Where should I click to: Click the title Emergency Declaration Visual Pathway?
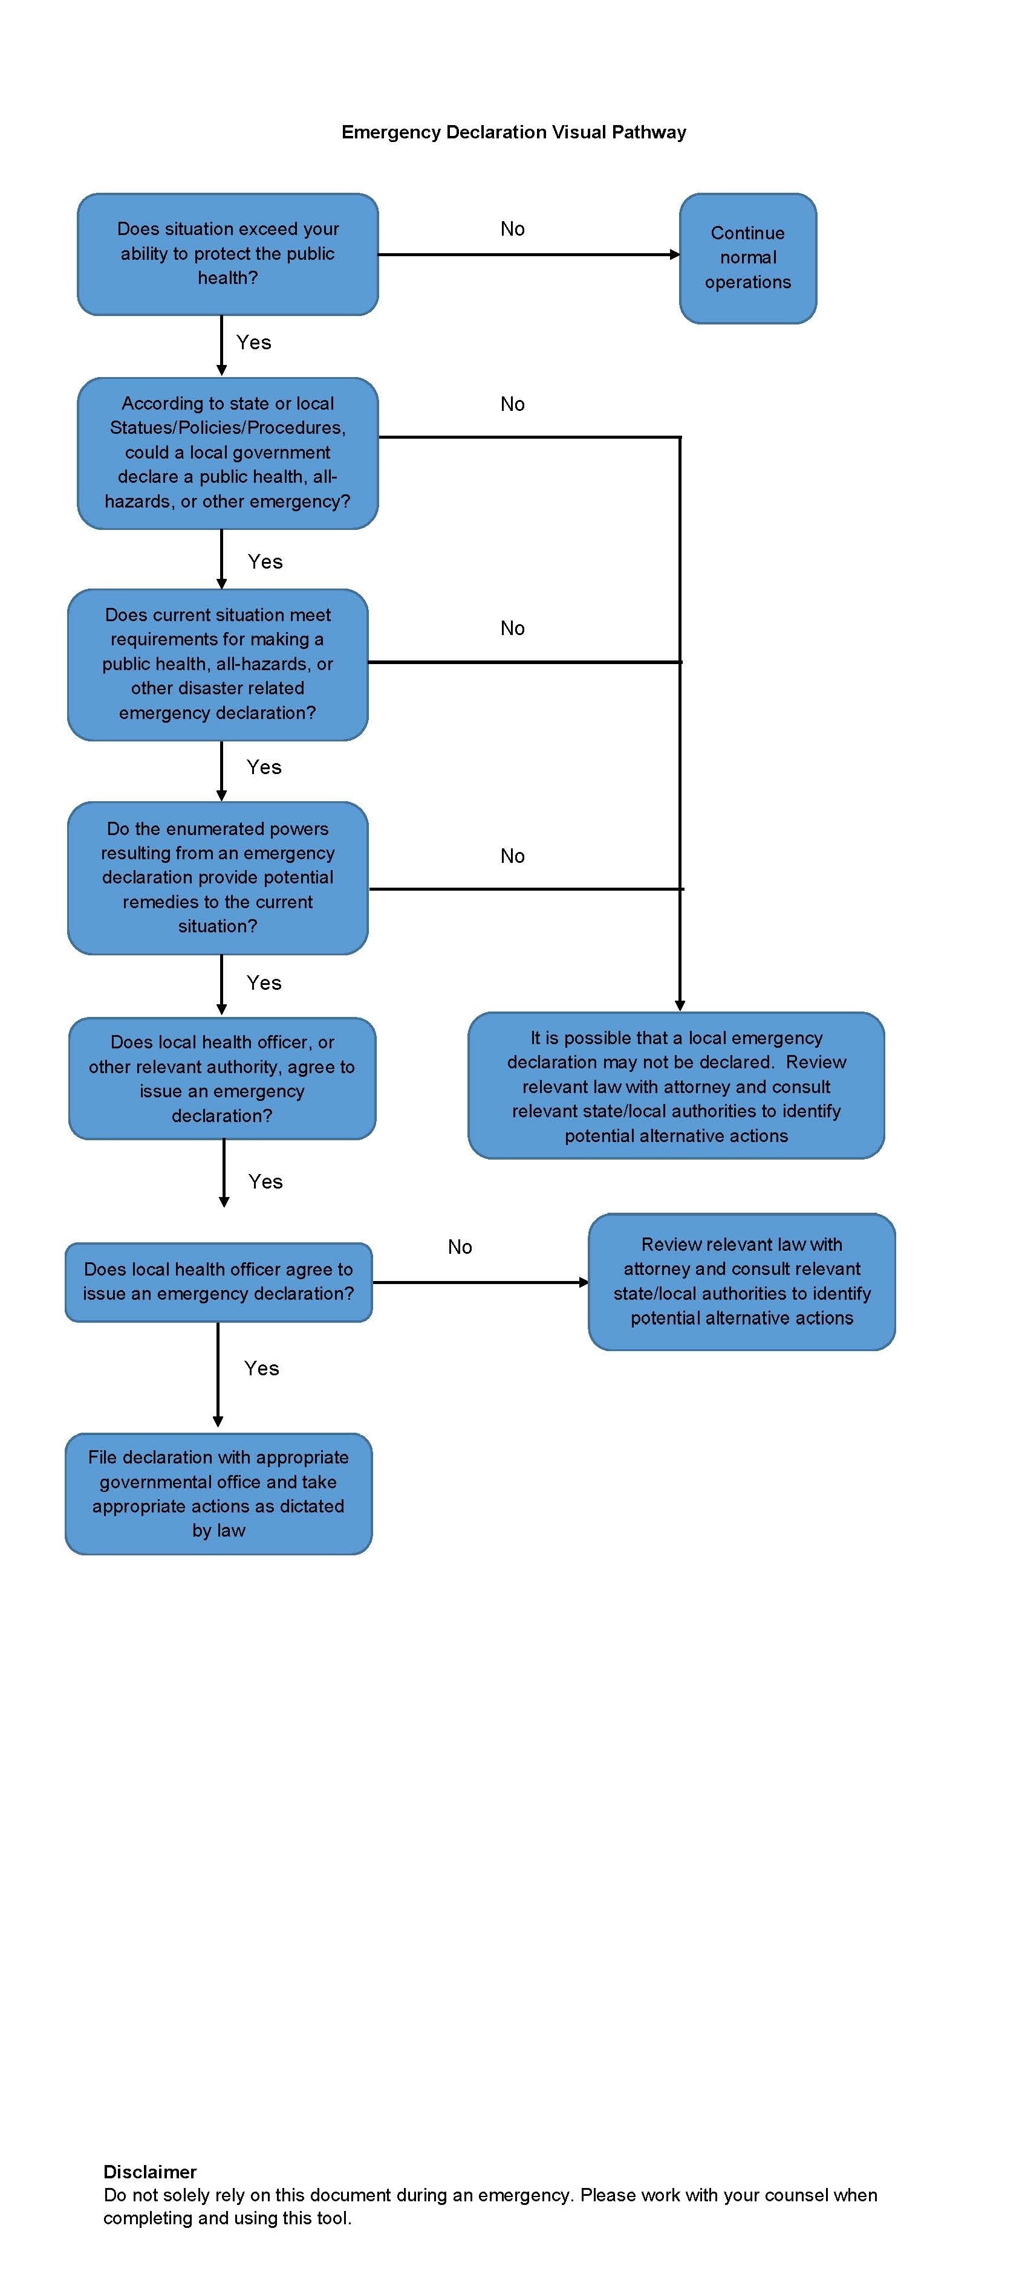pos(513,132)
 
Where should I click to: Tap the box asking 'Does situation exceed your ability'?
pos(227,254)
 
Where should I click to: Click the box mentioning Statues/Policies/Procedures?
pos(227,453)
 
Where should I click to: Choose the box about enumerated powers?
pos(218,877)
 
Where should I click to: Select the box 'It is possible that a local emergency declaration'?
pos(676,1086)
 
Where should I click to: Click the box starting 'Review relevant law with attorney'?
pos(742,1282)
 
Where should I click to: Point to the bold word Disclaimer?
pos(150,2172)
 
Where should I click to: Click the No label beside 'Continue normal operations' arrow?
pos(513,230)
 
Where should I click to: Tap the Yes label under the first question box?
pos(254,342)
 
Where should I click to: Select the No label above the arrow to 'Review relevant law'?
pos(460,1247)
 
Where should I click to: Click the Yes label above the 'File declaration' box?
pos(262,1368)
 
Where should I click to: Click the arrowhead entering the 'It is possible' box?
pos(680,1005)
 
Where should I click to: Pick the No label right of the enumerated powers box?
pos(513,856)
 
